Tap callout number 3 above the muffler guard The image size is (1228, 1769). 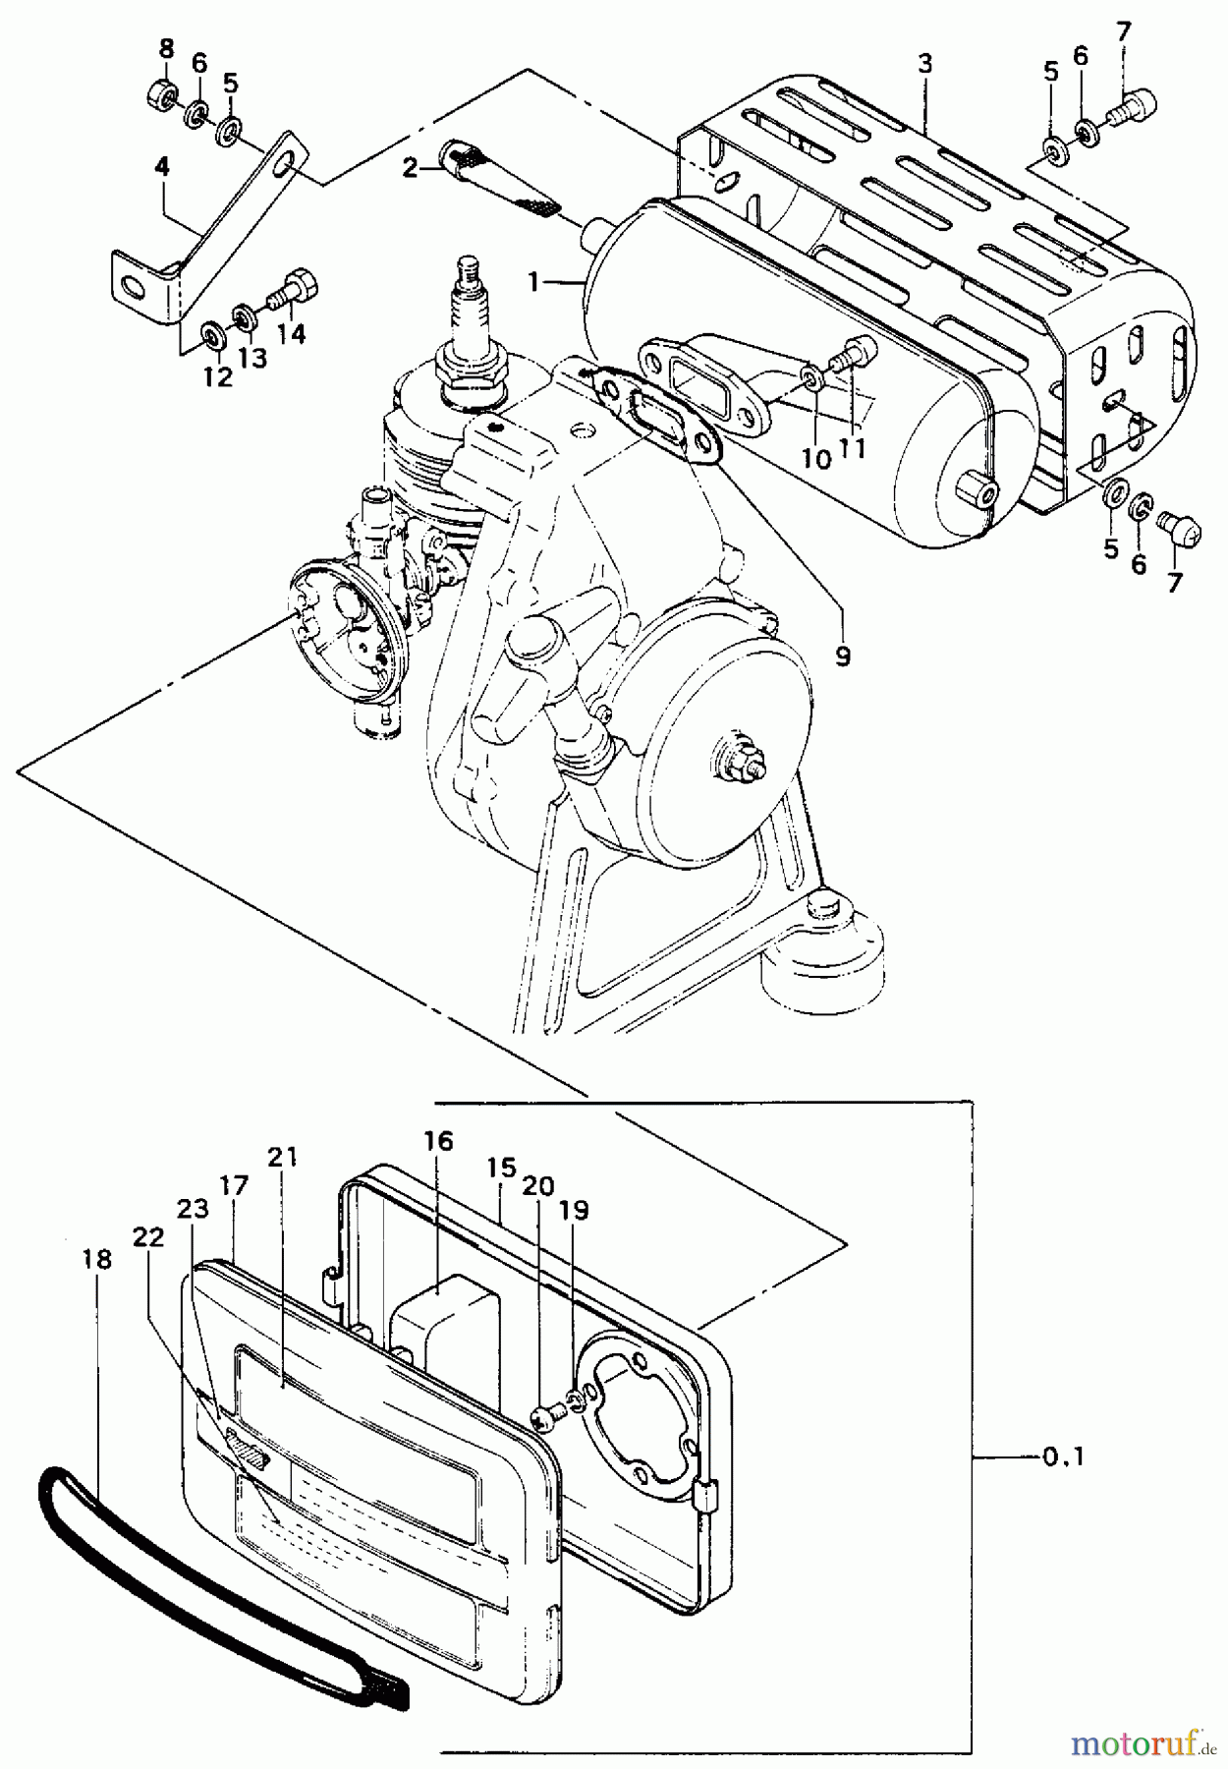(924, 64)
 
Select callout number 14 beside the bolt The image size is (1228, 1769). (291, 333)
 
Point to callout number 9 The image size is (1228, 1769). (843, 656)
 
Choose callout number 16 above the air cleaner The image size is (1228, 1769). (439, 1141)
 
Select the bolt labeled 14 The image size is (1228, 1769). (293, 287)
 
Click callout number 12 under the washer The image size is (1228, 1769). (217, 377)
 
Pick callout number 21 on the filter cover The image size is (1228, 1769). (282, 1158)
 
